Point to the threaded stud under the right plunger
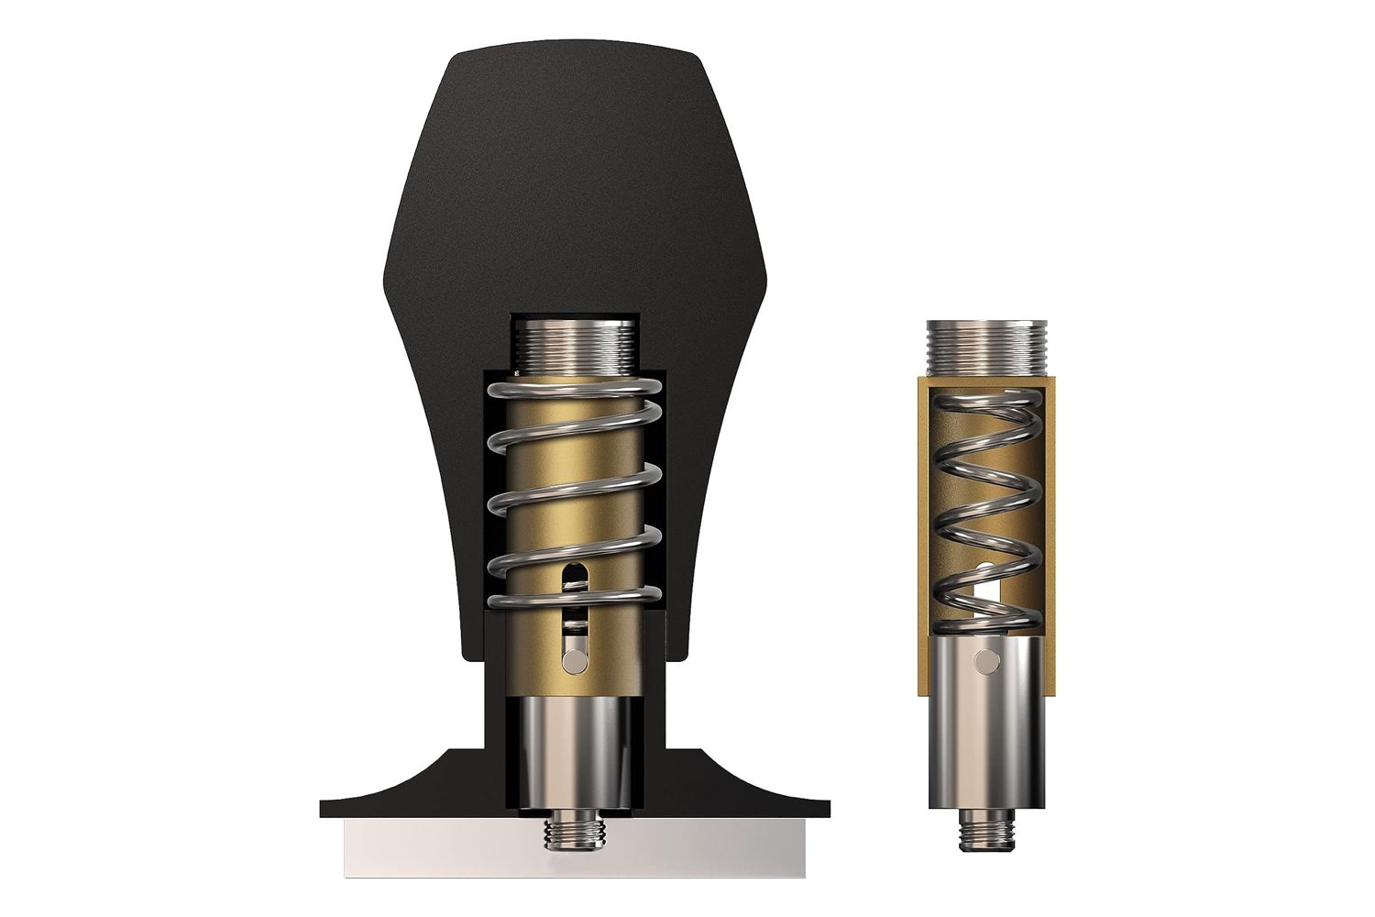(x=985, y=831)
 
